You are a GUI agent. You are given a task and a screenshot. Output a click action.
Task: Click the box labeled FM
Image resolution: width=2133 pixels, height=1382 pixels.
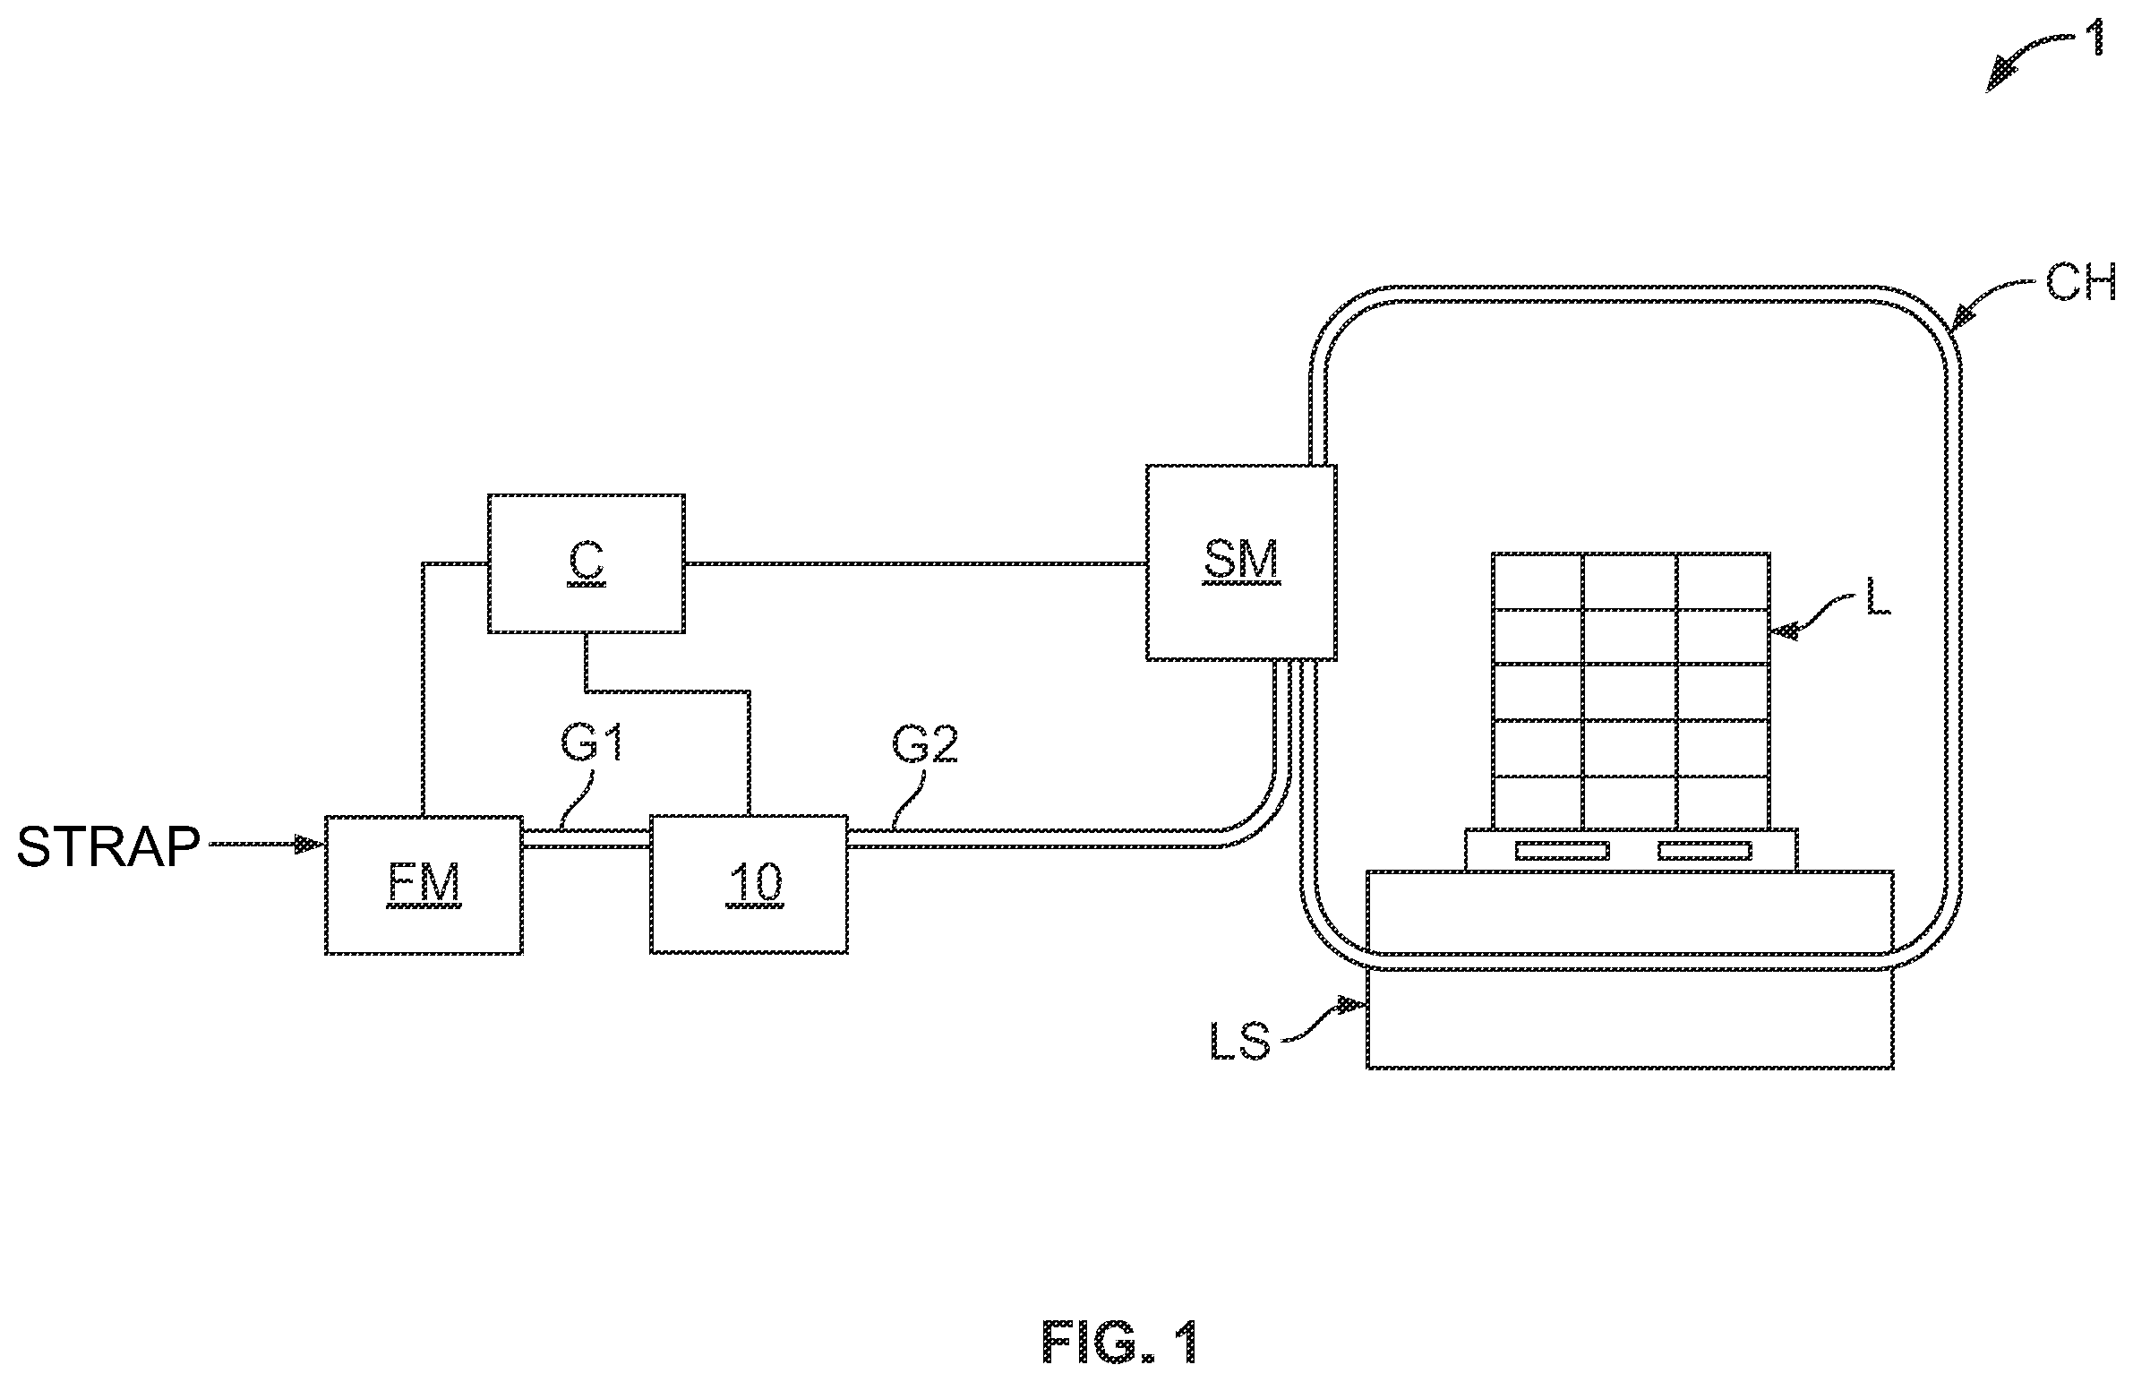[x=424, y=885]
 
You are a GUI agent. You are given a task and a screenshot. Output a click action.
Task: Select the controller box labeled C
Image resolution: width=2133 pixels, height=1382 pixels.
[x=587, y=563]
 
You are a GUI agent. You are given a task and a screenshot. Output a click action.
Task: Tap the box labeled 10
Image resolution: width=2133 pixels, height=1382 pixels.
[x=749, y=885]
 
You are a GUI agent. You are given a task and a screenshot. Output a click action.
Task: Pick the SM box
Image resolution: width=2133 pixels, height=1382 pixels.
[x=1241, y=562]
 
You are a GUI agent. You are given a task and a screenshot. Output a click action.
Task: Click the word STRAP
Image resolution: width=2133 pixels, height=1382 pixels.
[x=108, y=846]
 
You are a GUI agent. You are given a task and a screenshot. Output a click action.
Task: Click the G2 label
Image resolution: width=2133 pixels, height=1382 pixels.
[x=925, y=744]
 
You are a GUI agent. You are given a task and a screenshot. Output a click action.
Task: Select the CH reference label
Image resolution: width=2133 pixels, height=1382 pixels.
[x=2080, y=283]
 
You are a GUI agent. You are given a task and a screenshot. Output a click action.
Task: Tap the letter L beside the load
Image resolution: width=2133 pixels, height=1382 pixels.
[x=1879, y=596]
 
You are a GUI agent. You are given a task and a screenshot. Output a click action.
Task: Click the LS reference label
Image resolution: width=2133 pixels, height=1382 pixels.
[x=1239, y=1042]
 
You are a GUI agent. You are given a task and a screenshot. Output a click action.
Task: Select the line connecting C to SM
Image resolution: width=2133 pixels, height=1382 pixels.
[x=916, y=563]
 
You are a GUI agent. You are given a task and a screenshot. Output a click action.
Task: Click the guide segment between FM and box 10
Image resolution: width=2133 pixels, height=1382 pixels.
[x=587, y=838]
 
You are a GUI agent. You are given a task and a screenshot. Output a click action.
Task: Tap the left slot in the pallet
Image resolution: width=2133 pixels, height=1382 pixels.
[x=1560, y=851]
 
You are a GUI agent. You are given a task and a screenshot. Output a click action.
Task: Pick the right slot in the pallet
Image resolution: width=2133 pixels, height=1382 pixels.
[x=1703, y=851]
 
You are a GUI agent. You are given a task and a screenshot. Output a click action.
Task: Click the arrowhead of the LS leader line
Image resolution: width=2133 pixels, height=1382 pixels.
[x=1353, y=1004]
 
